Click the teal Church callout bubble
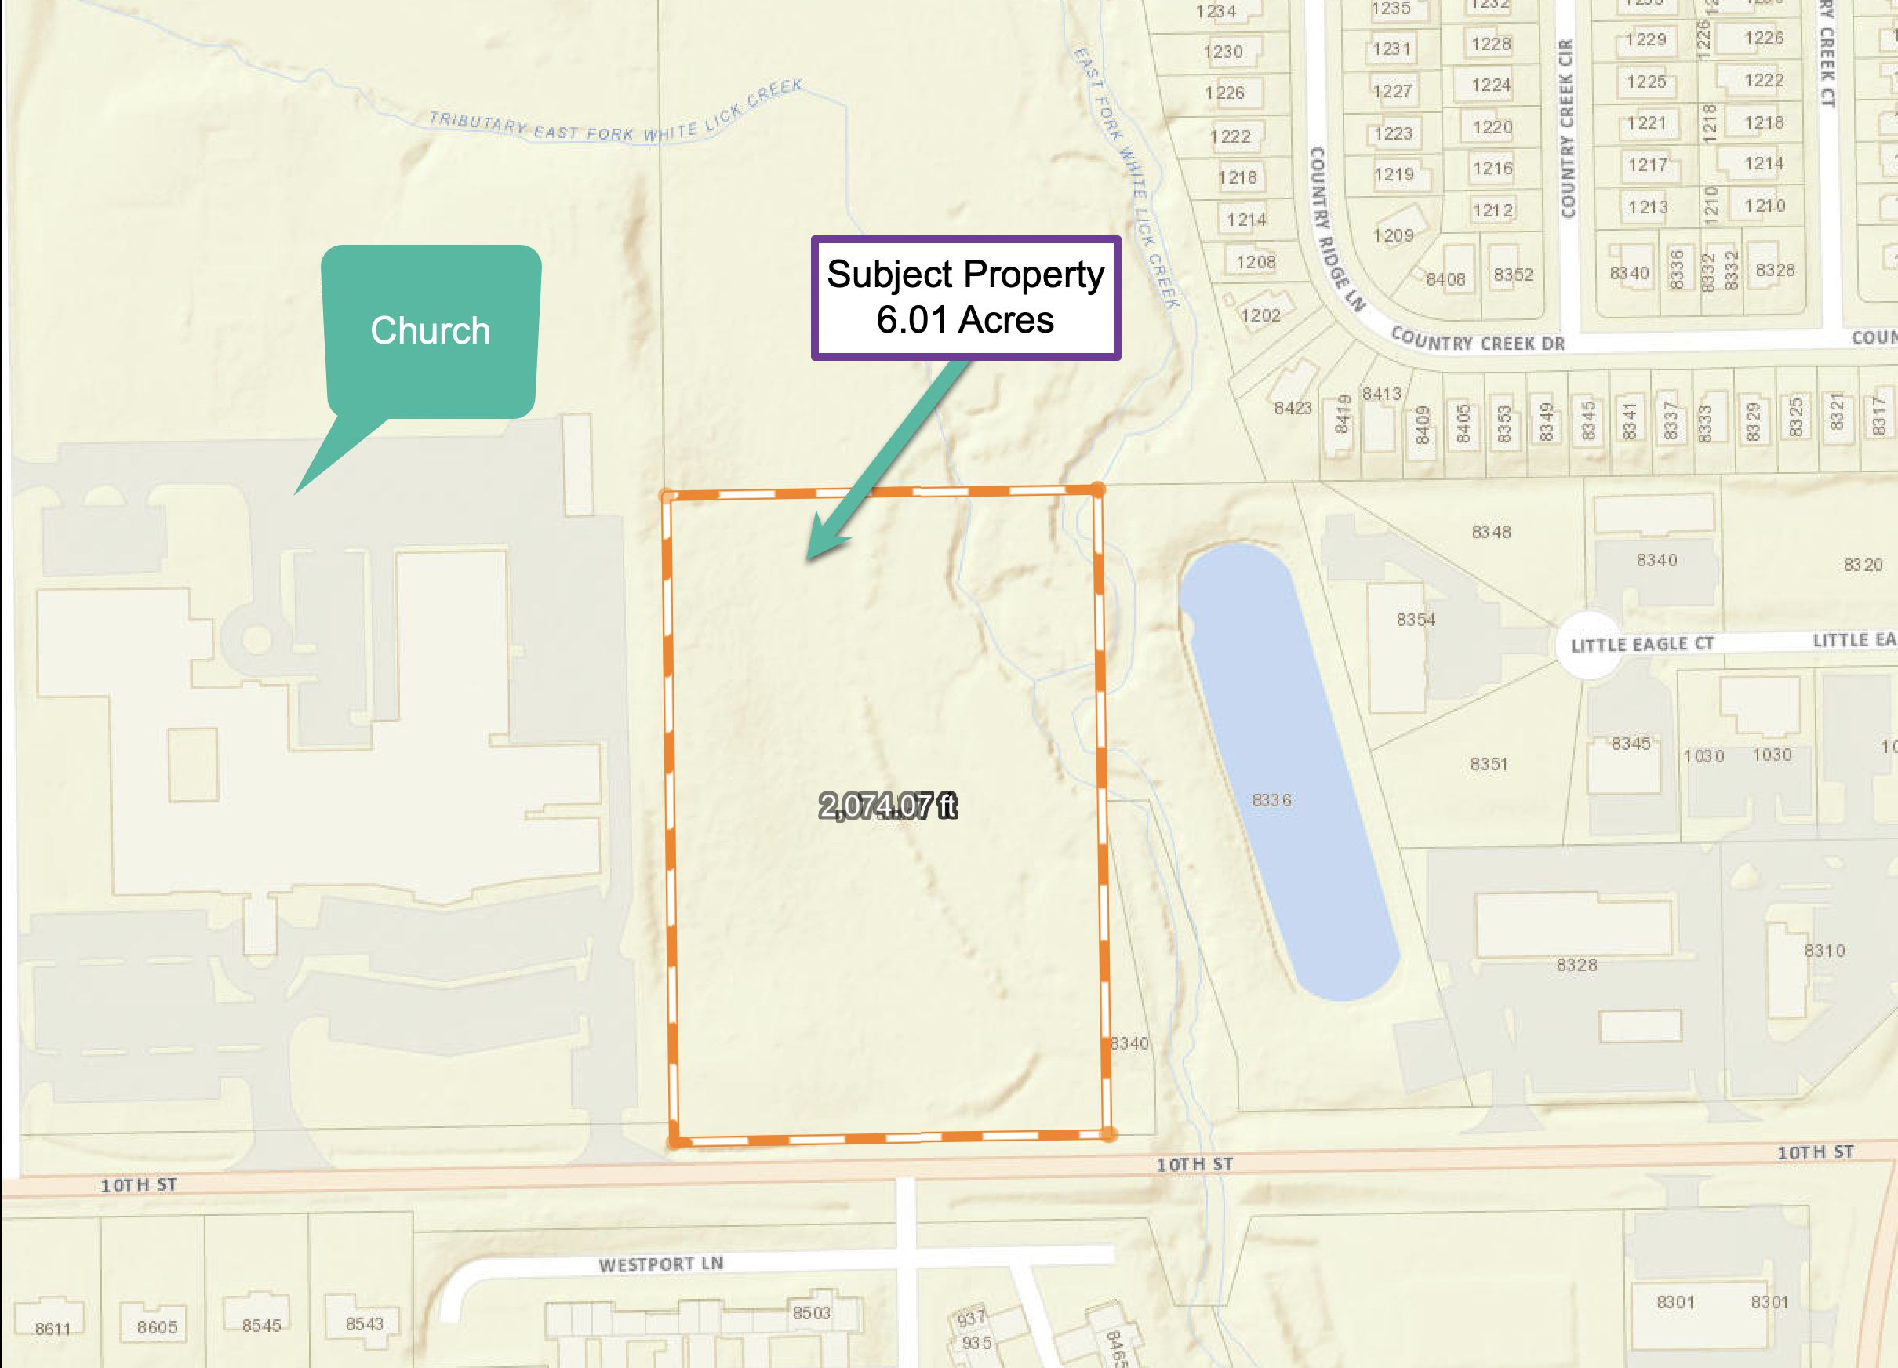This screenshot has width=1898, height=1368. pos(430,331)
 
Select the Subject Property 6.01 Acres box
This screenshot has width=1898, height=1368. pos(965,298)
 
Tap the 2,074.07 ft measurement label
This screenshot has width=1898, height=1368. pos(887,806)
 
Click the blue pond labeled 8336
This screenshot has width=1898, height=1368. pos(1281,779)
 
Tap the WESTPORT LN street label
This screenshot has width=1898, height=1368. pos(660,1264)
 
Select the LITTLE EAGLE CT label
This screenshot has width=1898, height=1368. pos(1642,644)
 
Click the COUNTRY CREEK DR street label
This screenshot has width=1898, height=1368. pos(1477,340)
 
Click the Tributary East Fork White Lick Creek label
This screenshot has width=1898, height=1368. pos(615,117)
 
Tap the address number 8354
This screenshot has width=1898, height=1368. pos(1415,620)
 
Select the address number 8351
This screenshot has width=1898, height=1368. pos(1488,763)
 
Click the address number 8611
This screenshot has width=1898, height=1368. pos(53,1328)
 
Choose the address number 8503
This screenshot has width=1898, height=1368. pos(811,1313)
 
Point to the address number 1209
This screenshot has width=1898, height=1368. pos(1393,235)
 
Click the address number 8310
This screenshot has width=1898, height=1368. pos(1824,950)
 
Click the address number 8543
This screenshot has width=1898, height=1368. pos(364,1323)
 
